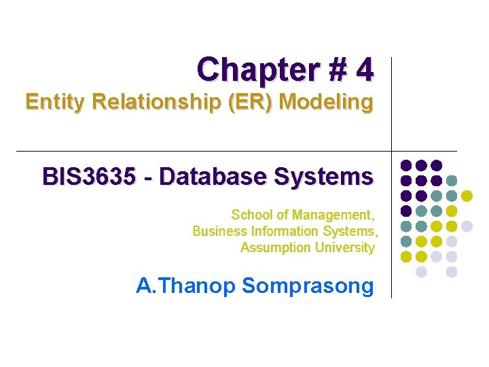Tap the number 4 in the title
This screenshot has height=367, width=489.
364,69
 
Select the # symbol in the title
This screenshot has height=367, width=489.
329,69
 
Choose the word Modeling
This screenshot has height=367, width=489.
327,103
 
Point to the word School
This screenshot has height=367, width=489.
251,215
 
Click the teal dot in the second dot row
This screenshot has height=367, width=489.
452,181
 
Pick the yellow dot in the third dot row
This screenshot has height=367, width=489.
467,196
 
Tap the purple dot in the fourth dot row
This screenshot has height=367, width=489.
406,211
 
